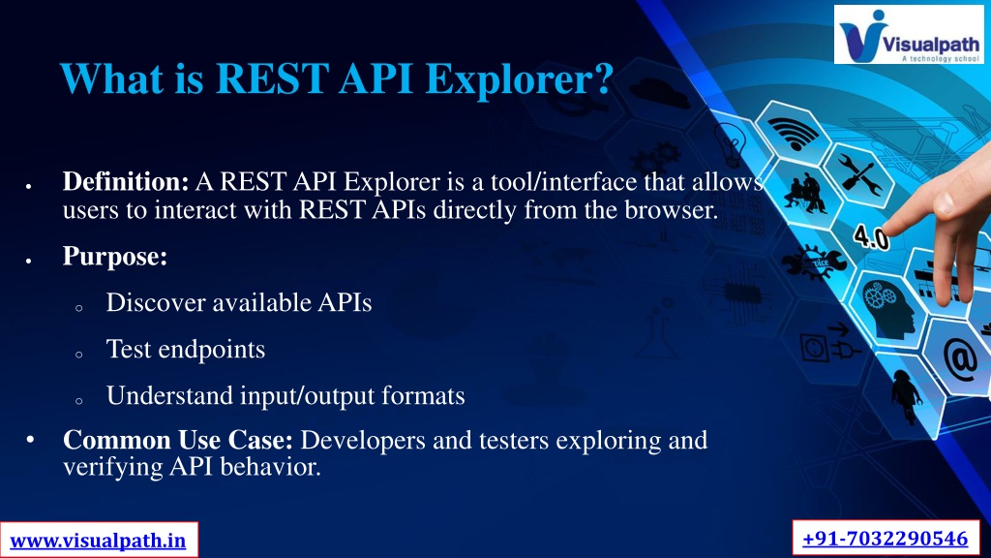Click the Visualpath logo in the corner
coord(909,34)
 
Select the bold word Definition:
coord(126,181)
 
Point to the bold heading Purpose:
coord(115,256)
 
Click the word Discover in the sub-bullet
coord(156,302)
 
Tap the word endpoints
coord(211,350)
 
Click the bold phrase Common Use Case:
coord(178,440)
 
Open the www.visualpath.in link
coord(99,541)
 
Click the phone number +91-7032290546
coord(886,539)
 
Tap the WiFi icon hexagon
coord(794,133)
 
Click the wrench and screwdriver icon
coord(860,176)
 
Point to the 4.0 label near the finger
coord(871,237)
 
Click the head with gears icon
coord(888,307)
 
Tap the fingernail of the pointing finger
coord(944,203)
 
